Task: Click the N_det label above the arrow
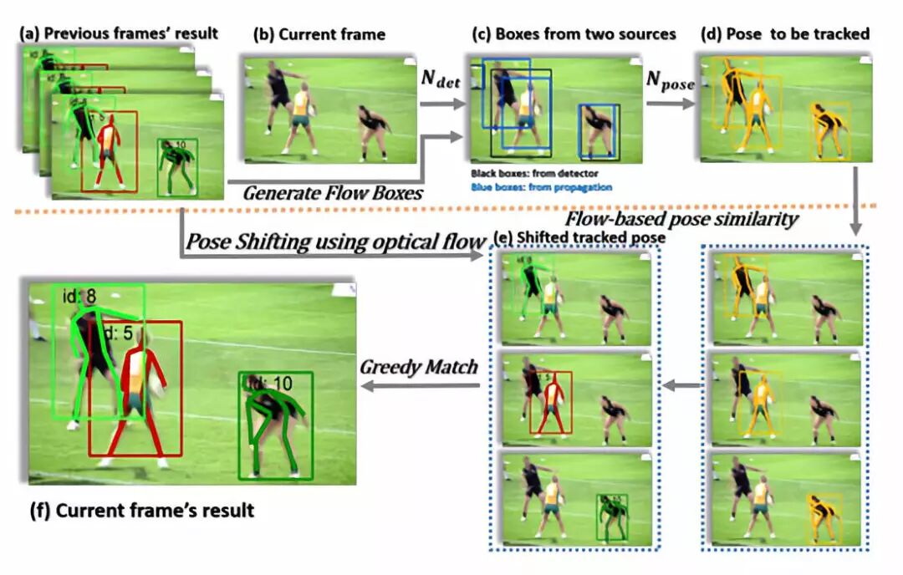441,83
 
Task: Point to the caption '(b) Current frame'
319,34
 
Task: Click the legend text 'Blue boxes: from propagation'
541,187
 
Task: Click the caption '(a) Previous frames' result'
120,33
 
